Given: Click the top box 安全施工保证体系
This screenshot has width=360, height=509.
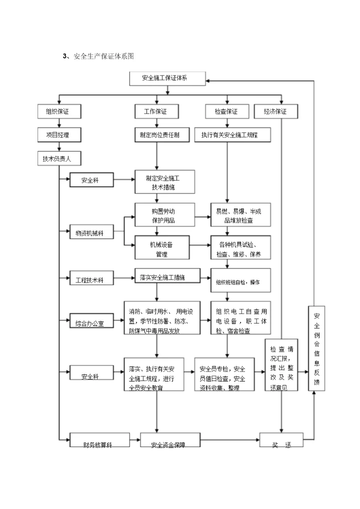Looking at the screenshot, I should tap(167, 79).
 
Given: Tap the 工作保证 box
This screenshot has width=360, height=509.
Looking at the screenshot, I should tap(156, 111).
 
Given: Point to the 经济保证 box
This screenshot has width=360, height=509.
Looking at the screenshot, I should tap(275, 111).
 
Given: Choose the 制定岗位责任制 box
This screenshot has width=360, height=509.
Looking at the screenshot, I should tap(157, 134).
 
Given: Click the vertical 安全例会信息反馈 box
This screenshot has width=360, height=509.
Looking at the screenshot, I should tap(316, 348).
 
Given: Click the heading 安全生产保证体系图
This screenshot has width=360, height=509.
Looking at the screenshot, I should tap(103, 56).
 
